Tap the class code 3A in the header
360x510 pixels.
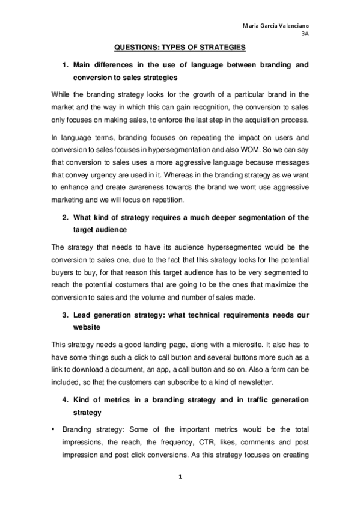[304, 35]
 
